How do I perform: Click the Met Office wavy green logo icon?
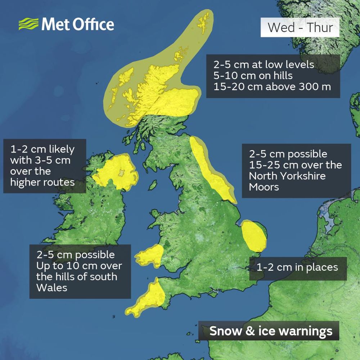coord(28,24)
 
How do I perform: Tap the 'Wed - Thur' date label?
coord(300,27)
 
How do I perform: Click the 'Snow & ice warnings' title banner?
coord(270,331)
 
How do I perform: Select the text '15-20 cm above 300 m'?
coord(272,87)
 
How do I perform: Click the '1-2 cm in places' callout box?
coord(297,267)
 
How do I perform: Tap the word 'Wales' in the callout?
coord(51,288)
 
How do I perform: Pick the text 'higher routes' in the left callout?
coord(42,182)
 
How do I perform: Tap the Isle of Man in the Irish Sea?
coord(153,186)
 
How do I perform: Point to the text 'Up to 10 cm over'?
coord(79,266)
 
